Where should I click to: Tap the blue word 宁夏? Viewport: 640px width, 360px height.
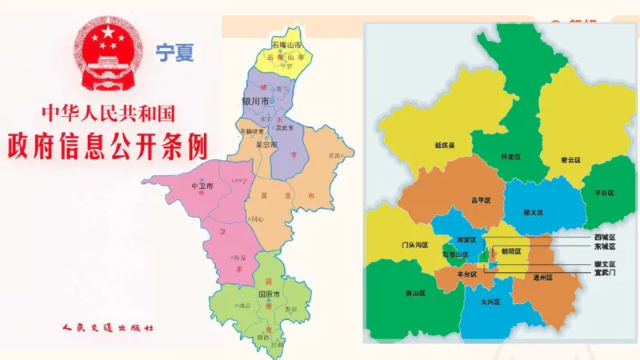pos(174,54)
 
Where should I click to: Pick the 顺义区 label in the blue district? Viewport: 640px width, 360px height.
pos(533,212)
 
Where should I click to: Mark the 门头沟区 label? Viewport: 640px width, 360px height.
pos(416,245)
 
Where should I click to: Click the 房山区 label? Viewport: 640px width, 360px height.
pos(414,294)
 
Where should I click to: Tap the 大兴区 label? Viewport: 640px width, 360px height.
pos(491,302)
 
